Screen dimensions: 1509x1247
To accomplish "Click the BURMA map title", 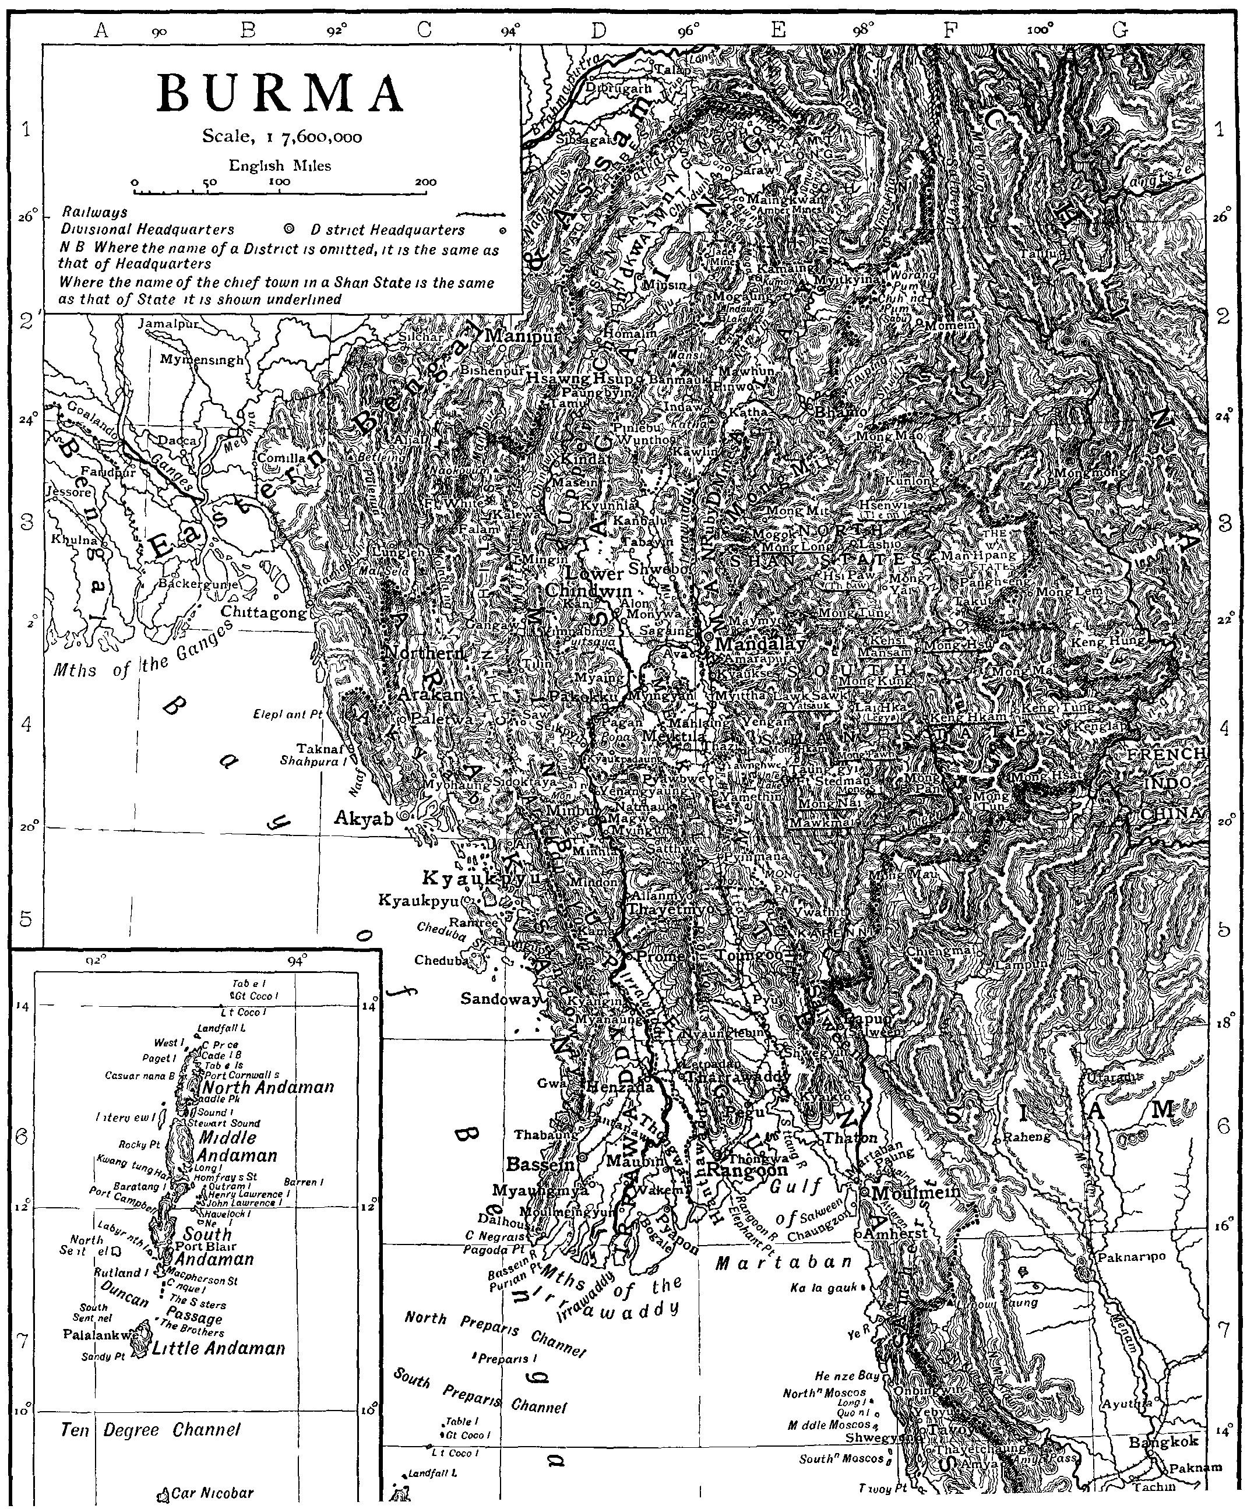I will [x=281, y=94].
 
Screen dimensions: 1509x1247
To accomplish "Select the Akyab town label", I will [x=365, y=817].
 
